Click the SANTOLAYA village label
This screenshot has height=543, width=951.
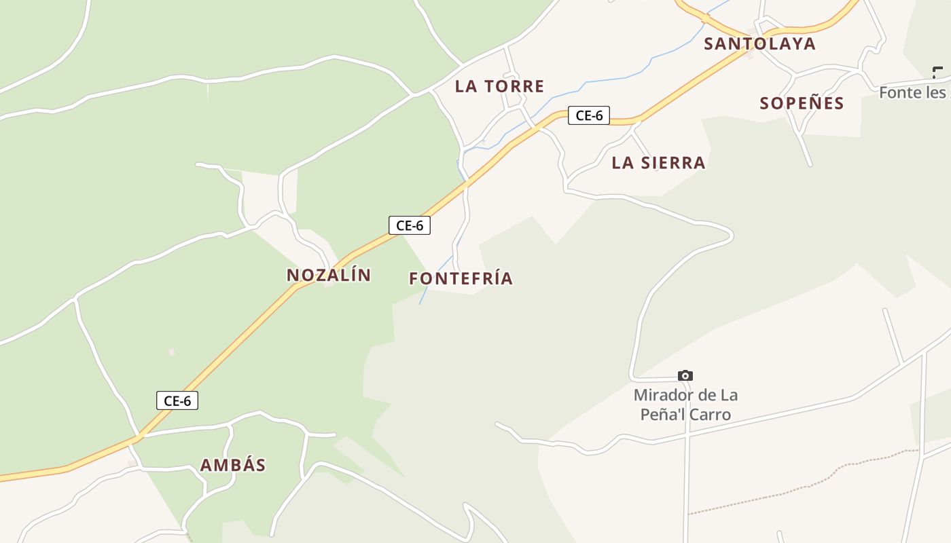pos(759,44)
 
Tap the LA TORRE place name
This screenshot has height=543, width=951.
pos(499,86)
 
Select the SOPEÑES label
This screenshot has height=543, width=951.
pos(802,103)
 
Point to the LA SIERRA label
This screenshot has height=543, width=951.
pos(658,163)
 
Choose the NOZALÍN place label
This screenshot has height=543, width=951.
pos(329,275)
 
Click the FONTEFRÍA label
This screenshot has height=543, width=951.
pos(461,278)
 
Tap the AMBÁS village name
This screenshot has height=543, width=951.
pos(233,465)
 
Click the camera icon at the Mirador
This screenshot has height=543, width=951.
pos(685,375)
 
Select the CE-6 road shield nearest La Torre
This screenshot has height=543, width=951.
pos(589,115)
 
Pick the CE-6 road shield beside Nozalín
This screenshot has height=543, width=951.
pos(410,225)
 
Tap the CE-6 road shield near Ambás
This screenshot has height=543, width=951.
pos(177,400)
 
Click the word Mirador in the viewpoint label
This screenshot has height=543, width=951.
pos(663,395)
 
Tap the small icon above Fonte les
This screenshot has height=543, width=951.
pos(938,72)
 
